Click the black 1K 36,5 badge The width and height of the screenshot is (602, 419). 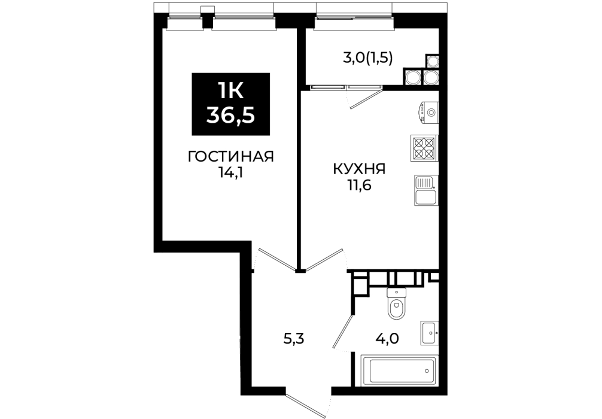tap(231, 104)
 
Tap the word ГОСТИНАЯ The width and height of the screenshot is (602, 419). tap(231, 157)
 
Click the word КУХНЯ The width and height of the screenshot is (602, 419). tap(360, 169)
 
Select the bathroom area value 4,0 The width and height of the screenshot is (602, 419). tap(387, 339)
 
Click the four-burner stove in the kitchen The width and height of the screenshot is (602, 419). tap(424, 148)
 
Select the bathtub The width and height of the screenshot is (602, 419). tap(399, 371)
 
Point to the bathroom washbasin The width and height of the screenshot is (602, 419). tap(430, 333)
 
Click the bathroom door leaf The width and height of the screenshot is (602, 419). tap(343, 332)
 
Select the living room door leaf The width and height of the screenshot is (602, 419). tap(276, 259)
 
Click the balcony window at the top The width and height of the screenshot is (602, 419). tap(354, 17)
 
